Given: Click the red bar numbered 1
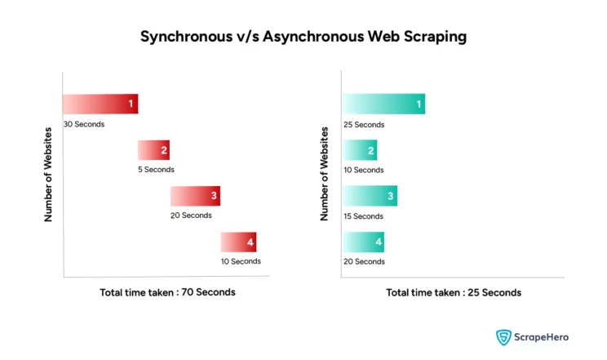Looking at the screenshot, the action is pos(100,104).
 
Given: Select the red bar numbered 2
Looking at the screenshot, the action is pos(153,150).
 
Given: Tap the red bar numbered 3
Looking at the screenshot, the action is pos(195,196).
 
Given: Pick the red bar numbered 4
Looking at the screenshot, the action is pos(238,242).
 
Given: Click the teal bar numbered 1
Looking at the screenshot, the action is pos(383,104).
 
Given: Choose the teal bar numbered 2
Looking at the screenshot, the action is pos(360,150).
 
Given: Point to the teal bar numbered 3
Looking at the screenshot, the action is pos(370,196).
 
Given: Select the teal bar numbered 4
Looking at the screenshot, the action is pos(363,242).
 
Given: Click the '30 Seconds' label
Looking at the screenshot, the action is pos(84,124).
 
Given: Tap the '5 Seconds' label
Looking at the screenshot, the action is pos(156,170).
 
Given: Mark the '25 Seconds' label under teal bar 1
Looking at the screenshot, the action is pos(364,125).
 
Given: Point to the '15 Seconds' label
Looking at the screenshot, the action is pos(363,216).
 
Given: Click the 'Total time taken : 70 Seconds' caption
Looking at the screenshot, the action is pos(167,292).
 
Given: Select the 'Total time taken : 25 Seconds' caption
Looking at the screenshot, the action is pos(454,292).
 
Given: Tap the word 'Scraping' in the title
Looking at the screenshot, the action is pos(435,37).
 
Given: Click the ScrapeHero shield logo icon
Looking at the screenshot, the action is pos(503,337).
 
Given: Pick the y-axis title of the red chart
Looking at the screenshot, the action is pos(48,175).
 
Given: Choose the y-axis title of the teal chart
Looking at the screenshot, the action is pos(324,174).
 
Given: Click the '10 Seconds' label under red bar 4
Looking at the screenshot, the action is pos(241,261).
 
